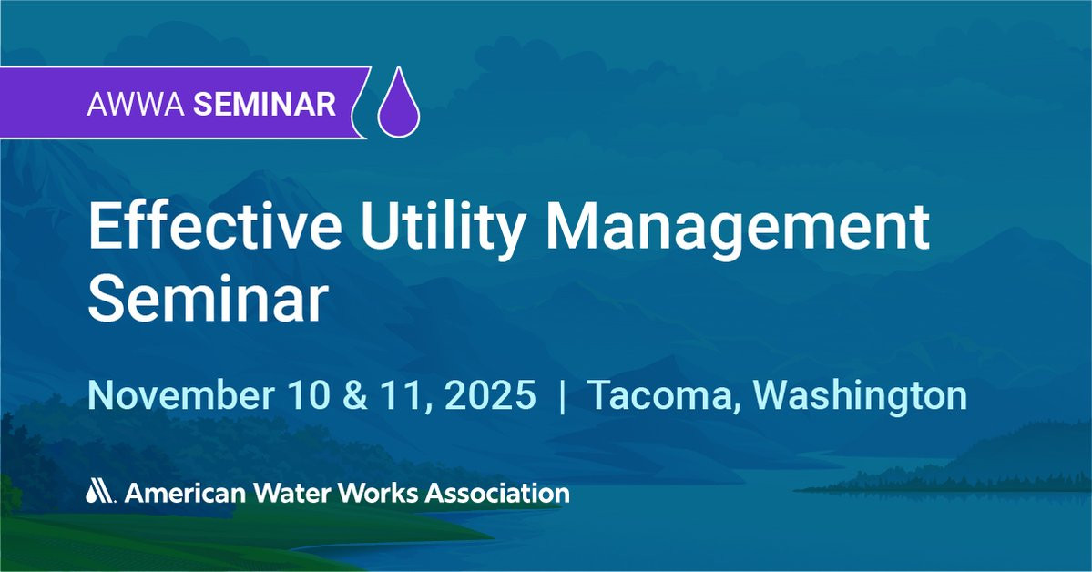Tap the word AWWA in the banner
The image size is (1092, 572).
(x=136, y=104)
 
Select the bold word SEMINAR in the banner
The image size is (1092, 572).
(x=265, y=104)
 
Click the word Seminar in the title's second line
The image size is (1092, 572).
(x=208, y=300)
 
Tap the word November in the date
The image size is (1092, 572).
(x=180, y=395)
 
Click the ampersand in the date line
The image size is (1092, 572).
(x=356, y=395)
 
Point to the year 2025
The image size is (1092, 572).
(x=490, y=395)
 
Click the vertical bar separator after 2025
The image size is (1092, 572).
(x=563, y=396)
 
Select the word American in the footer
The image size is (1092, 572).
(x=185, y=493)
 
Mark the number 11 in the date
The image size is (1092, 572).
(x=403, y=395)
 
